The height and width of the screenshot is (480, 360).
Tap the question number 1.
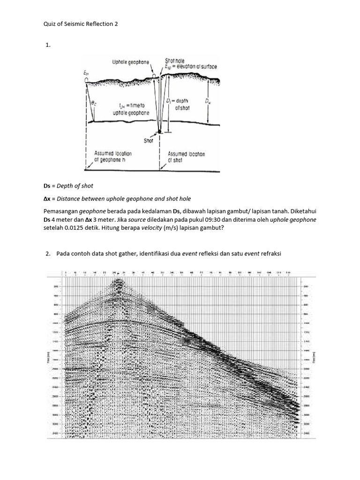(x=47, y=45)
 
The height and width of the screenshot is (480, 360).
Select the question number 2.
(x=47, y=254)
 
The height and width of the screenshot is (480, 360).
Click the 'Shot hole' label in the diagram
(x=174, y=61)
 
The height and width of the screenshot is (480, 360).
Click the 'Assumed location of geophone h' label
(x=113, y=156)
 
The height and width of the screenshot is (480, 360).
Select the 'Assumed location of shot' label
(x=186, y=157)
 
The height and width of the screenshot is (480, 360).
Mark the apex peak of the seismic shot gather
(x=117, y=280)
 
